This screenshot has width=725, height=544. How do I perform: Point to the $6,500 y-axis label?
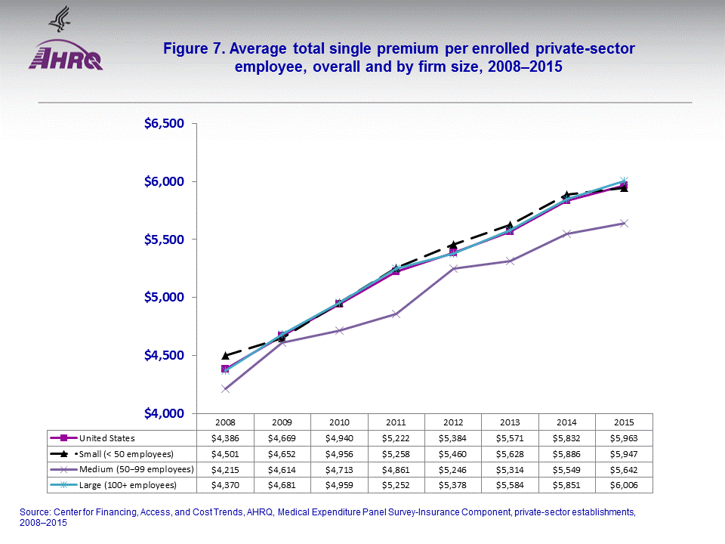coord(165,123)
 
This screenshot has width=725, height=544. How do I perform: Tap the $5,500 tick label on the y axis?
coord(165,240)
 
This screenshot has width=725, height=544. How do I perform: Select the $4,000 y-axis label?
coord(165,413)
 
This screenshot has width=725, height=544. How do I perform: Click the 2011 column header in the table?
coord(396,421)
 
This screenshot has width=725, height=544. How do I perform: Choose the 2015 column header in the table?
coord(624,421)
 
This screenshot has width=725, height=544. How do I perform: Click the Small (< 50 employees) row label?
coord(125,453)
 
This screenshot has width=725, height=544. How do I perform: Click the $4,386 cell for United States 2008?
coord(225,437)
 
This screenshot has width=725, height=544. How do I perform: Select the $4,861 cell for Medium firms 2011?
coord(396,469)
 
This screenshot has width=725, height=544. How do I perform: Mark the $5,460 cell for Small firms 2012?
coord(453,453)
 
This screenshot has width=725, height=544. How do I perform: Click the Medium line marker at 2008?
coord(225,388)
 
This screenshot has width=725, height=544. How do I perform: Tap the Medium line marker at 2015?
coord(624,223)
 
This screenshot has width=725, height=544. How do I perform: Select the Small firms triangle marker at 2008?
coord(225,355)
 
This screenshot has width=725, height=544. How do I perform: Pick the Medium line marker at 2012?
coord(453,269)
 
